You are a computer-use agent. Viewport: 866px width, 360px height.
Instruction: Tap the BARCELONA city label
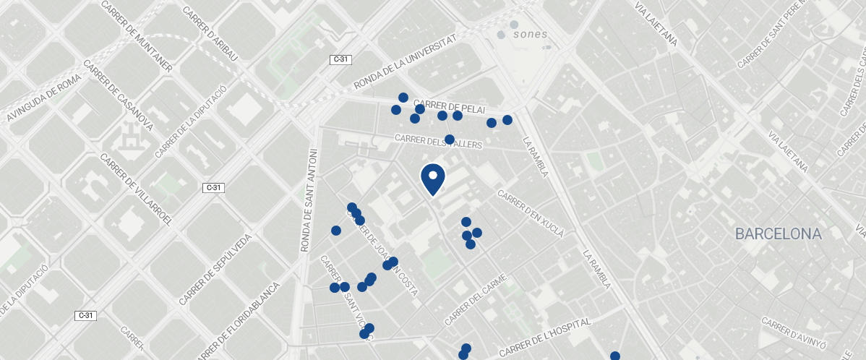pos(779,234)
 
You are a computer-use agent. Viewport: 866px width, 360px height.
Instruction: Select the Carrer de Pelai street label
pos(450,107)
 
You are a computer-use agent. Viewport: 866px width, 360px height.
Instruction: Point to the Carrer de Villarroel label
pos(137,189)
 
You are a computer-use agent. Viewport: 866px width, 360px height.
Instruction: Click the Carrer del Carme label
pos(473,299)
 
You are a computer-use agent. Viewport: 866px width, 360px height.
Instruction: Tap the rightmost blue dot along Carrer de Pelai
pos(507,120)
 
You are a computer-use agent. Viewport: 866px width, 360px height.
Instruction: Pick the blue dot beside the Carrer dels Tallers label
pos(449,139)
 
